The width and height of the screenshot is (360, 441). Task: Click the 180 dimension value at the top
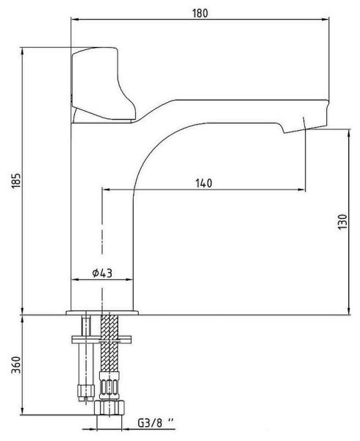[x=200, y=13]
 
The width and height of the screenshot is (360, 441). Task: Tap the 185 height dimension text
[x=16, y=180]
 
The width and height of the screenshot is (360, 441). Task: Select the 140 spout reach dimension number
[x=204, y=183]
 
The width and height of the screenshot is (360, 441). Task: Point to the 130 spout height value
[x=342, y=221]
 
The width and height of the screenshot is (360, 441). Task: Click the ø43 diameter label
[x=102, y=273]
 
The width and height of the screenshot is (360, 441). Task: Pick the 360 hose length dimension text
[x=16, y=365]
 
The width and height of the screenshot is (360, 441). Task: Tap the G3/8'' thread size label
[x=156, y=423]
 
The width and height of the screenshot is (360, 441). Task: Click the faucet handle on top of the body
[x=103, y=85]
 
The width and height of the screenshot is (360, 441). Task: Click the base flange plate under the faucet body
[x=102, y=313]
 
